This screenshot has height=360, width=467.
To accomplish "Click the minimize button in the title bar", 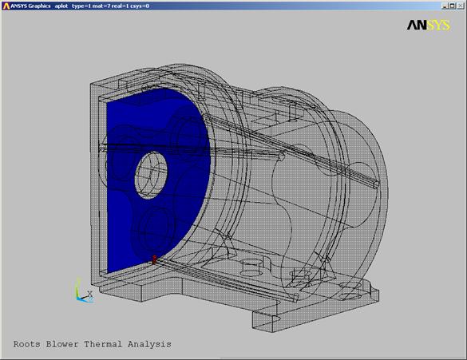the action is point(445,6).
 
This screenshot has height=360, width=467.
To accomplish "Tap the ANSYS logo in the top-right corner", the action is point(429,25).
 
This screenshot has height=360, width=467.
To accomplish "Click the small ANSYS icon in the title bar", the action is point(6,6).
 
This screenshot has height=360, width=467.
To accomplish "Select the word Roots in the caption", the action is point(27,344).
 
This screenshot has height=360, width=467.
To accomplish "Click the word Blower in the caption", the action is point(62,344).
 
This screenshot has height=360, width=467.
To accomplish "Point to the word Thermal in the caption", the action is point(103,344).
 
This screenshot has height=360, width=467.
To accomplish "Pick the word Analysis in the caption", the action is point(149,345).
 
